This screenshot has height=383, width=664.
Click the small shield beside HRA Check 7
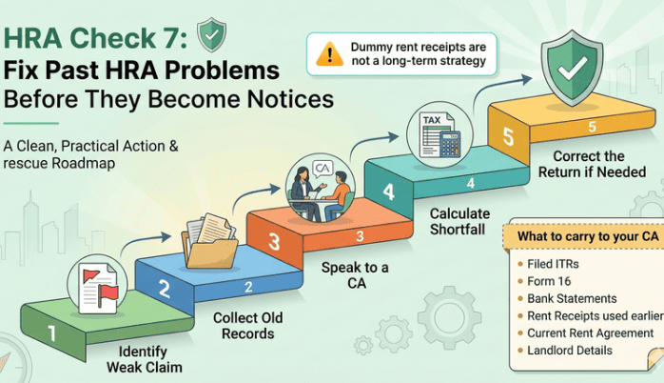tap(211, 35)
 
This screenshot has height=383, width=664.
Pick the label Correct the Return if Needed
tap(596, 164)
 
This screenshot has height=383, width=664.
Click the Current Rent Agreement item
tap(590, 333)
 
